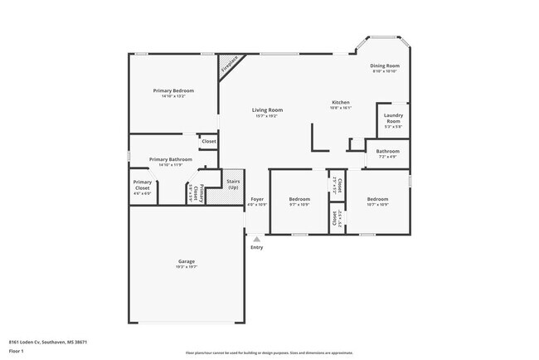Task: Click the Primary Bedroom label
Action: (173, 90)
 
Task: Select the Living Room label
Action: (267, 110)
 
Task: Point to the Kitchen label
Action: (340, 102)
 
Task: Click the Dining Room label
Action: (385, 66)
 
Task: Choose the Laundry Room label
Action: (393, 119)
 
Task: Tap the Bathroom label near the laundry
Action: (387, 151)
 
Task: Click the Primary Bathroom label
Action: (171, 159)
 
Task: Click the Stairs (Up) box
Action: (233, 184)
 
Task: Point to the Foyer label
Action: (257, 199)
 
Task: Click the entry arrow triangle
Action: (256, 238)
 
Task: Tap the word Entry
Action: (256, 247)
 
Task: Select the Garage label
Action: (186, 261)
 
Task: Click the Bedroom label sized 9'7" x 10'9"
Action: (299, 199)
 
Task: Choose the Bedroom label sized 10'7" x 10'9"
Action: (377, 199)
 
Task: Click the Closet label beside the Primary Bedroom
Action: (209, 142)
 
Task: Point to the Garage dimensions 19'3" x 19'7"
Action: (186, 267)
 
